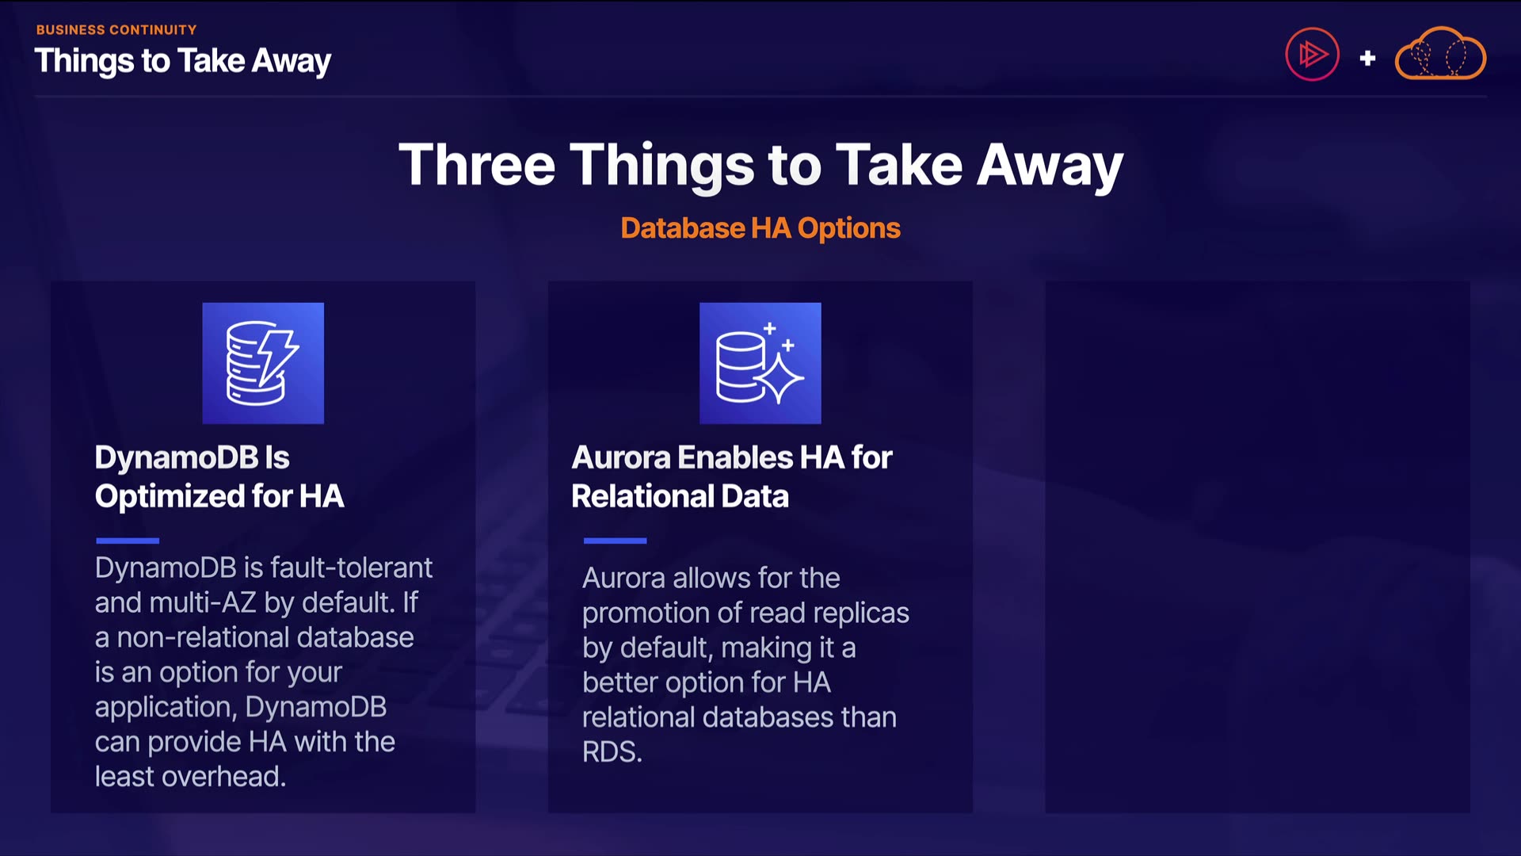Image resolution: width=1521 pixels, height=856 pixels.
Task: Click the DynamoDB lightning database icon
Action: (x=263, y=363)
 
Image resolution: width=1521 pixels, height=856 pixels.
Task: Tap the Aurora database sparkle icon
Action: (x=760, y=363)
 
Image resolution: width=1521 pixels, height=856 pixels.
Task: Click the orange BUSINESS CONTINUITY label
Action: (x=116, y=29)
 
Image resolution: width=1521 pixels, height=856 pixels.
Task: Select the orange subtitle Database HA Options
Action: (x=760, y=228)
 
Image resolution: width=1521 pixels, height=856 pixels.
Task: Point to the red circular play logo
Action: (x=1312, y=55)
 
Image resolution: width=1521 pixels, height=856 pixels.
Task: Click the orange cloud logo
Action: (x=1440, y=54)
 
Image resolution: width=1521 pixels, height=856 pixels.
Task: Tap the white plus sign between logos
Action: (x=1367, y=58)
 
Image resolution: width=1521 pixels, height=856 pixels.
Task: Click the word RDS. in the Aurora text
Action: (x=612, y=751)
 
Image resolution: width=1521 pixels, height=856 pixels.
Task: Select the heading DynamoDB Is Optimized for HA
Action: (x=219, y=476)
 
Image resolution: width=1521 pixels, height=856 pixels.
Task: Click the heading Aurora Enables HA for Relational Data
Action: (x=732, y=476)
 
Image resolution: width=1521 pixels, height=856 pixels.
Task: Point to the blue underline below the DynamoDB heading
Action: (x=128, y=541)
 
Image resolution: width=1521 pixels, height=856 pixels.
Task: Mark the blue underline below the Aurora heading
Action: (x=616, y=541)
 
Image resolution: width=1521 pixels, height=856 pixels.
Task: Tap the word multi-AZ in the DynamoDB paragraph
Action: (x=203, y=602)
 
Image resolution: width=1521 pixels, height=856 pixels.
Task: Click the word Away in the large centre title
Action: (x=1050, y=166)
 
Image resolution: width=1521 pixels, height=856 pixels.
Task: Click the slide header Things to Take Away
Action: (x=183, y=62)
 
